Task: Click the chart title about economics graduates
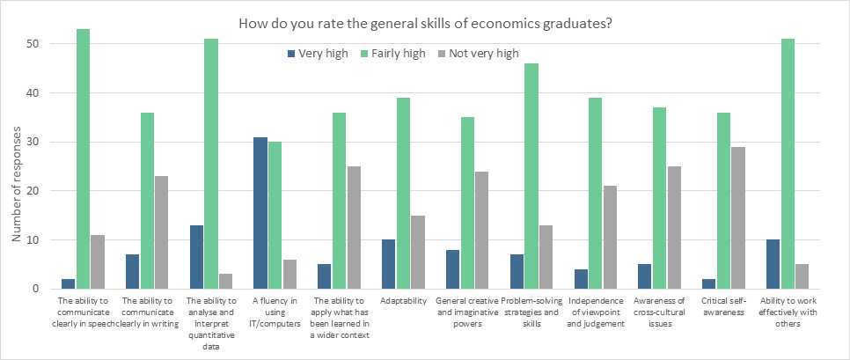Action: (x=424, y=24)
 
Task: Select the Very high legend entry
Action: (x=317, y=53)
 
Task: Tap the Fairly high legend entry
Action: (x=392, y=53)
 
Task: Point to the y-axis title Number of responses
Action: (x=16, y=167)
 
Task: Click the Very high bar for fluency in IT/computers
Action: (x=260, y=213)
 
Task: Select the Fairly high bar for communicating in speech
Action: (x=84, y=159)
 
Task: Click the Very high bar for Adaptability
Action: (x=389, y=264)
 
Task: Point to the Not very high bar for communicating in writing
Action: (x=162, y=232)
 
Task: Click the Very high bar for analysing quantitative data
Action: (x=195, y=257)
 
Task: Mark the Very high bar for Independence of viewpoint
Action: (x=582, y=279)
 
